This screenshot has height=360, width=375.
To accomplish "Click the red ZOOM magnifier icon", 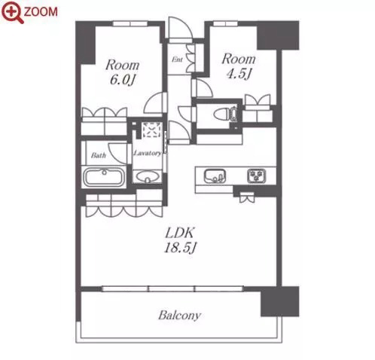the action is (12, 12).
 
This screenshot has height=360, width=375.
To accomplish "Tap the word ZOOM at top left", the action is (41, 12).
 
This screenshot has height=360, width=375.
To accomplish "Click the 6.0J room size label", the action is (123, 80).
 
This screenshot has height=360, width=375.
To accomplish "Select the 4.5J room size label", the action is (239, 74).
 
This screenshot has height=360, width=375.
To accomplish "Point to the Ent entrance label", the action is (177, 59).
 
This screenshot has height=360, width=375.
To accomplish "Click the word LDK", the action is (180, 233).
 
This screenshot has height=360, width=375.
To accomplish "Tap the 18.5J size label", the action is (180, 248).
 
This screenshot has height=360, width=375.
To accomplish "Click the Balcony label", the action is (180, 316).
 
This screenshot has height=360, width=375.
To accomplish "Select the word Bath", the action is (99, 155).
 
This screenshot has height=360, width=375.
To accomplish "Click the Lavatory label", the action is (148, 153).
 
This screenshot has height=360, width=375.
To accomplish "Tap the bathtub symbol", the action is (104, 177).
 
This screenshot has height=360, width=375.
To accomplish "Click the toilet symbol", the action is (225, 114).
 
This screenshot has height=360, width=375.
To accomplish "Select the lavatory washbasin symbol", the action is (147, 176).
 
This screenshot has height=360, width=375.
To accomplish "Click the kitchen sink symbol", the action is (215, 175).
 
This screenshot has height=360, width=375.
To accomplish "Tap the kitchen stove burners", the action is (256, 175).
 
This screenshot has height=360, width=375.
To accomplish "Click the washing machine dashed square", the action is (151, 130).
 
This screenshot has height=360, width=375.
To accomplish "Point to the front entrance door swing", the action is (180, 29).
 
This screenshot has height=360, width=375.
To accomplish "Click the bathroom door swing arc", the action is (117, 154).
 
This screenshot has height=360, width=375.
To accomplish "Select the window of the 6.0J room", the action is (130, 24).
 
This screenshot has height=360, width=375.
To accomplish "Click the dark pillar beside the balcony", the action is (280, 301).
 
